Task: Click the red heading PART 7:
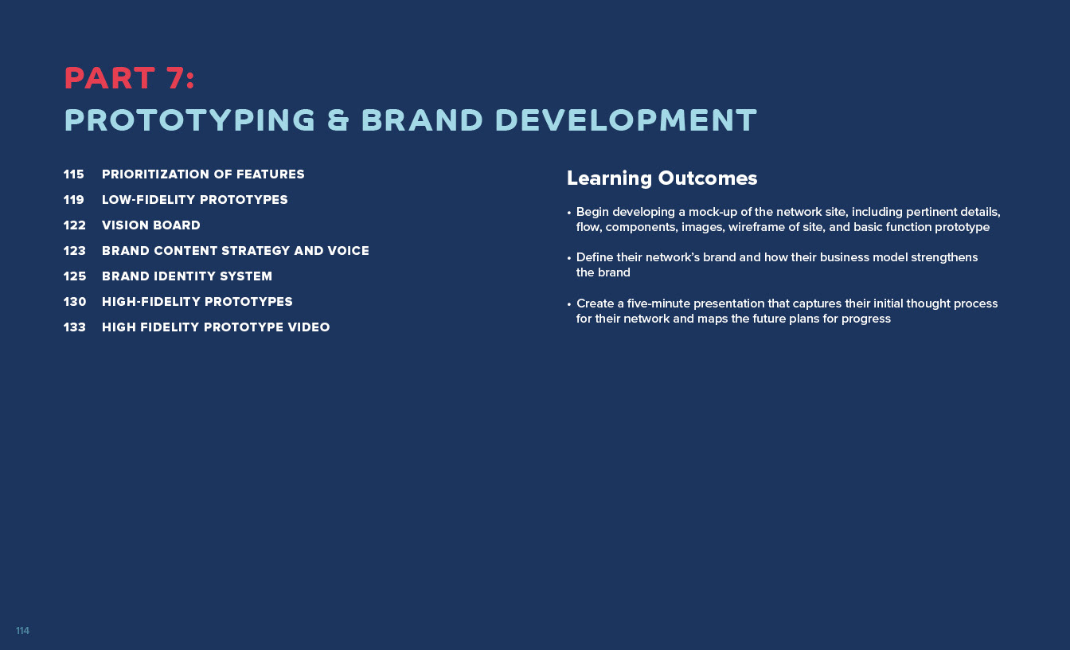coord(130,78)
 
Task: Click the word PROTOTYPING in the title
coord(189,119)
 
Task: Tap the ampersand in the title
coord(338,119)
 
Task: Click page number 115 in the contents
coord(73,174)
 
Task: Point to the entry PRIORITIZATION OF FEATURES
coord(203,174)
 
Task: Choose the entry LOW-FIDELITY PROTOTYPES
coord(195,200)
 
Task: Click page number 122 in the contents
coord(75,225)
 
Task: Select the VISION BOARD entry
coord(151,225)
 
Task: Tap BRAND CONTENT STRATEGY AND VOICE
coord(236,251)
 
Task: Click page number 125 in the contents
coord(75,276)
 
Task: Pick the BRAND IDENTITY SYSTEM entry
coord(187,276)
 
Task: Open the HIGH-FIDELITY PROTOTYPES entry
coord(197,302)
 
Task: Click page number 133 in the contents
coord(75,327)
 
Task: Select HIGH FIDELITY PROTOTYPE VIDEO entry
coord(216,327)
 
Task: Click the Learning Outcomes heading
coord(662,178)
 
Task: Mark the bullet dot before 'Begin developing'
coord(569,213)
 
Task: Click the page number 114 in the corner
coord(22,631)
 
